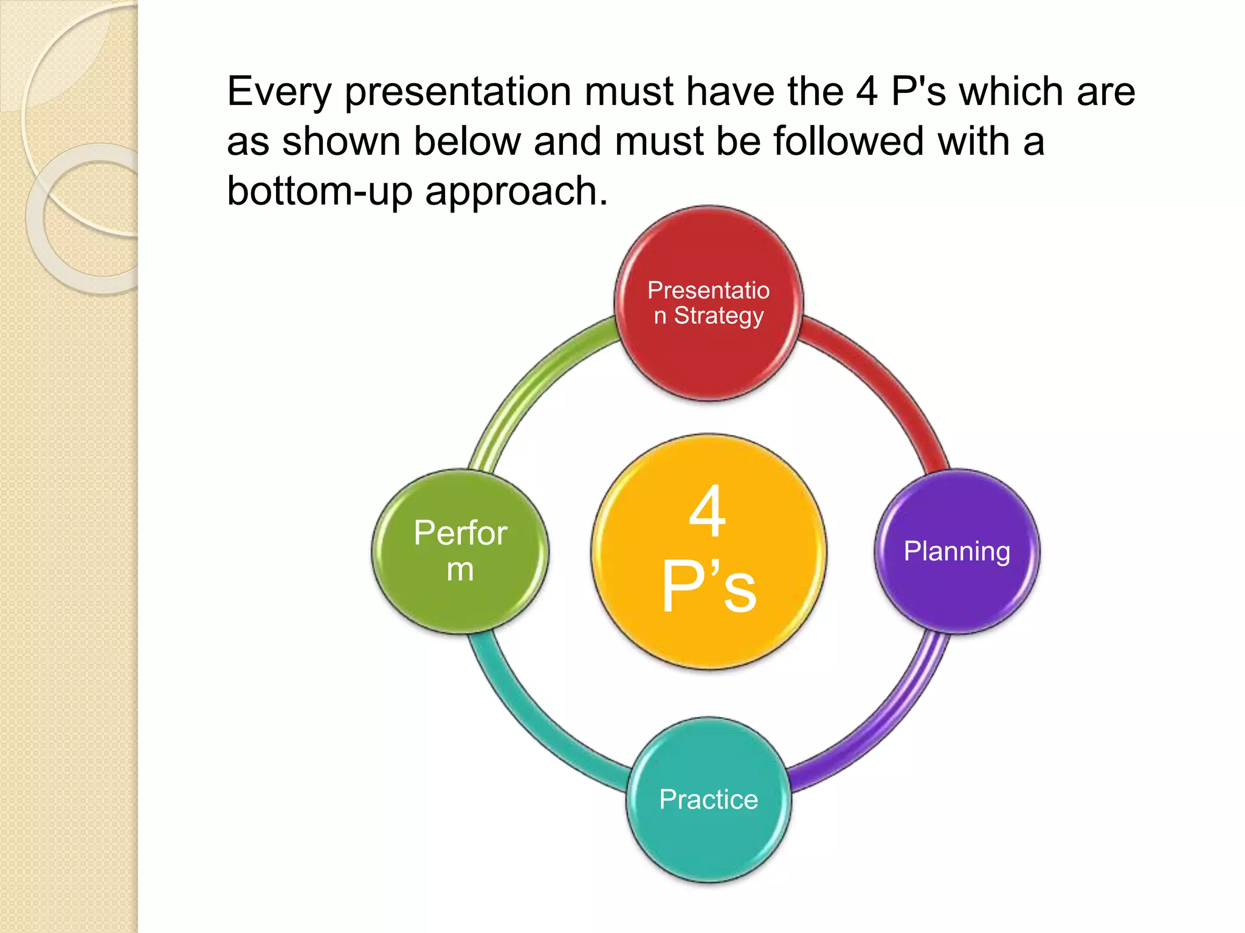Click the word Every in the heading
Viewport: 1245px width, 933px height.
coord(279,92)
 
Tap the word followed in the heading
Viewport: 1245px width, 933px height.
coord(849,142)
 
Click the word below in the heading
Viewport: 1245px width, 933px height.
coord(467,142)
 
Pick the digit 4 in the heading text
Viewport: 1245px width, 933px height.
coord(867,92)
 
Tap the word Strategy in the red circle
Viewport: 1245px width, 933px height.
coord(719,316)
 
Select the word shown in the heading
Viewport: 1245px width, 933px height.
coord(341,142)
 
